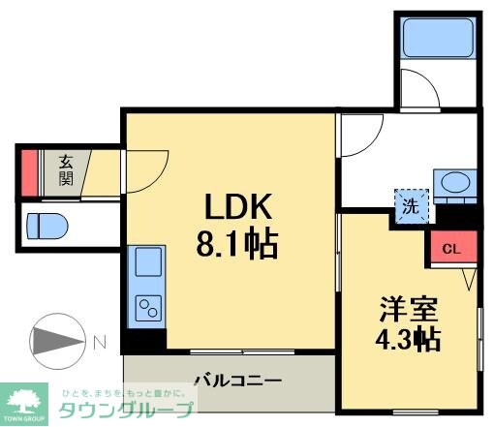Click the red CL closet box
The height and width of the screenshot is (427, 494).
pyautogui.click(x=450, y=248)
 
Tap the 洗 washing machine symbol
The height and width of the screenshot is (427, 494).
pyautogui.click(x=409, y=206)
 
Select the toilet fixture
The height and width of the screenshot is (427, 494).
pyautogui.click(x=46, y=225)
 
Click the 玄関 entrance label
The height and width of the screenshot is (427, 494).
pyautogui.click(x=66, y=169)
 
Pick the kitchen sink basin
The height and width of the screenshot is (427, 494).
pyautogui.click(x=148, y=261)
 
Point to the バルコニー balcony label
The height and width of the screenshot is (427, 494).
pyautogui.click(x=236, y=381)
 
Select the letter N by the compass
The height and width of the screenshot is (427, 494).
pyautogui.click(x=100, y=341)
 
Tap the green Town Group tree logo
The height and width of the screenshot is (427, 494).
pyautogui.click(x=27, y=399)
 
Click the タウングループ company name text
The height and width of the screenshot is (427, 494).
pyautogui.click(x=127, y=410)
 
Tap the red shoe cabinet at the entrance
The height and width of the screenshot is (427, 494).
pyautogui.click(x=29, y=169)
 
